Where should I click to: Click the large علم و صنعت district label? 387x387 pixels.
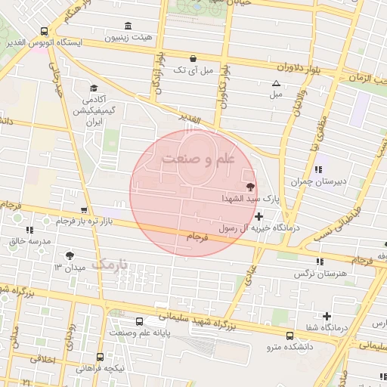pos(199,159)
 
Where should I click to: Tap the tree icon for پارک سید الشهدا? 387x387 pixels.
pos(249,187)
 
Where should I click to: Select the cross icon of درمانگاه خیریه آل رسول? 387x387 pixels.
pos(259,217)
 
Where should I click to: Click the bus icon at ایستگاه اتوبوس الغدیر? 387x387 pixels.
pos(45,32)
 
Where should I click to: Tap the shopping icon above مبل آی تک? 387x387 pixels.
pos(193,58)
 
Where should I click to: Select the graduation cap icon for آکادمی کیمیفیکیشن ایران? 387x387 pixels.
pos(93,88)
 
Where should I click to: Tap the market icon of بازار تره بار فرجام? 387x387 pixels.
pos(84,211)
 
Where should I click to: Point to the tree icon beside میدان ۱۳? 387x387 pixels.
pos(70,256)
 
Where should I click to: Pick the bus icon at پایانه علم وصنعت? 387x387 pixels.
pos(138,320)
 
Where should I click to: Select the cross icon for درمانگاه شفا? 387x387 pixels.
pos(327,316)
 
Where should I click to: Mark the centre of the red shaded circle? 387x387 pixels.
pos(193,193)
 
